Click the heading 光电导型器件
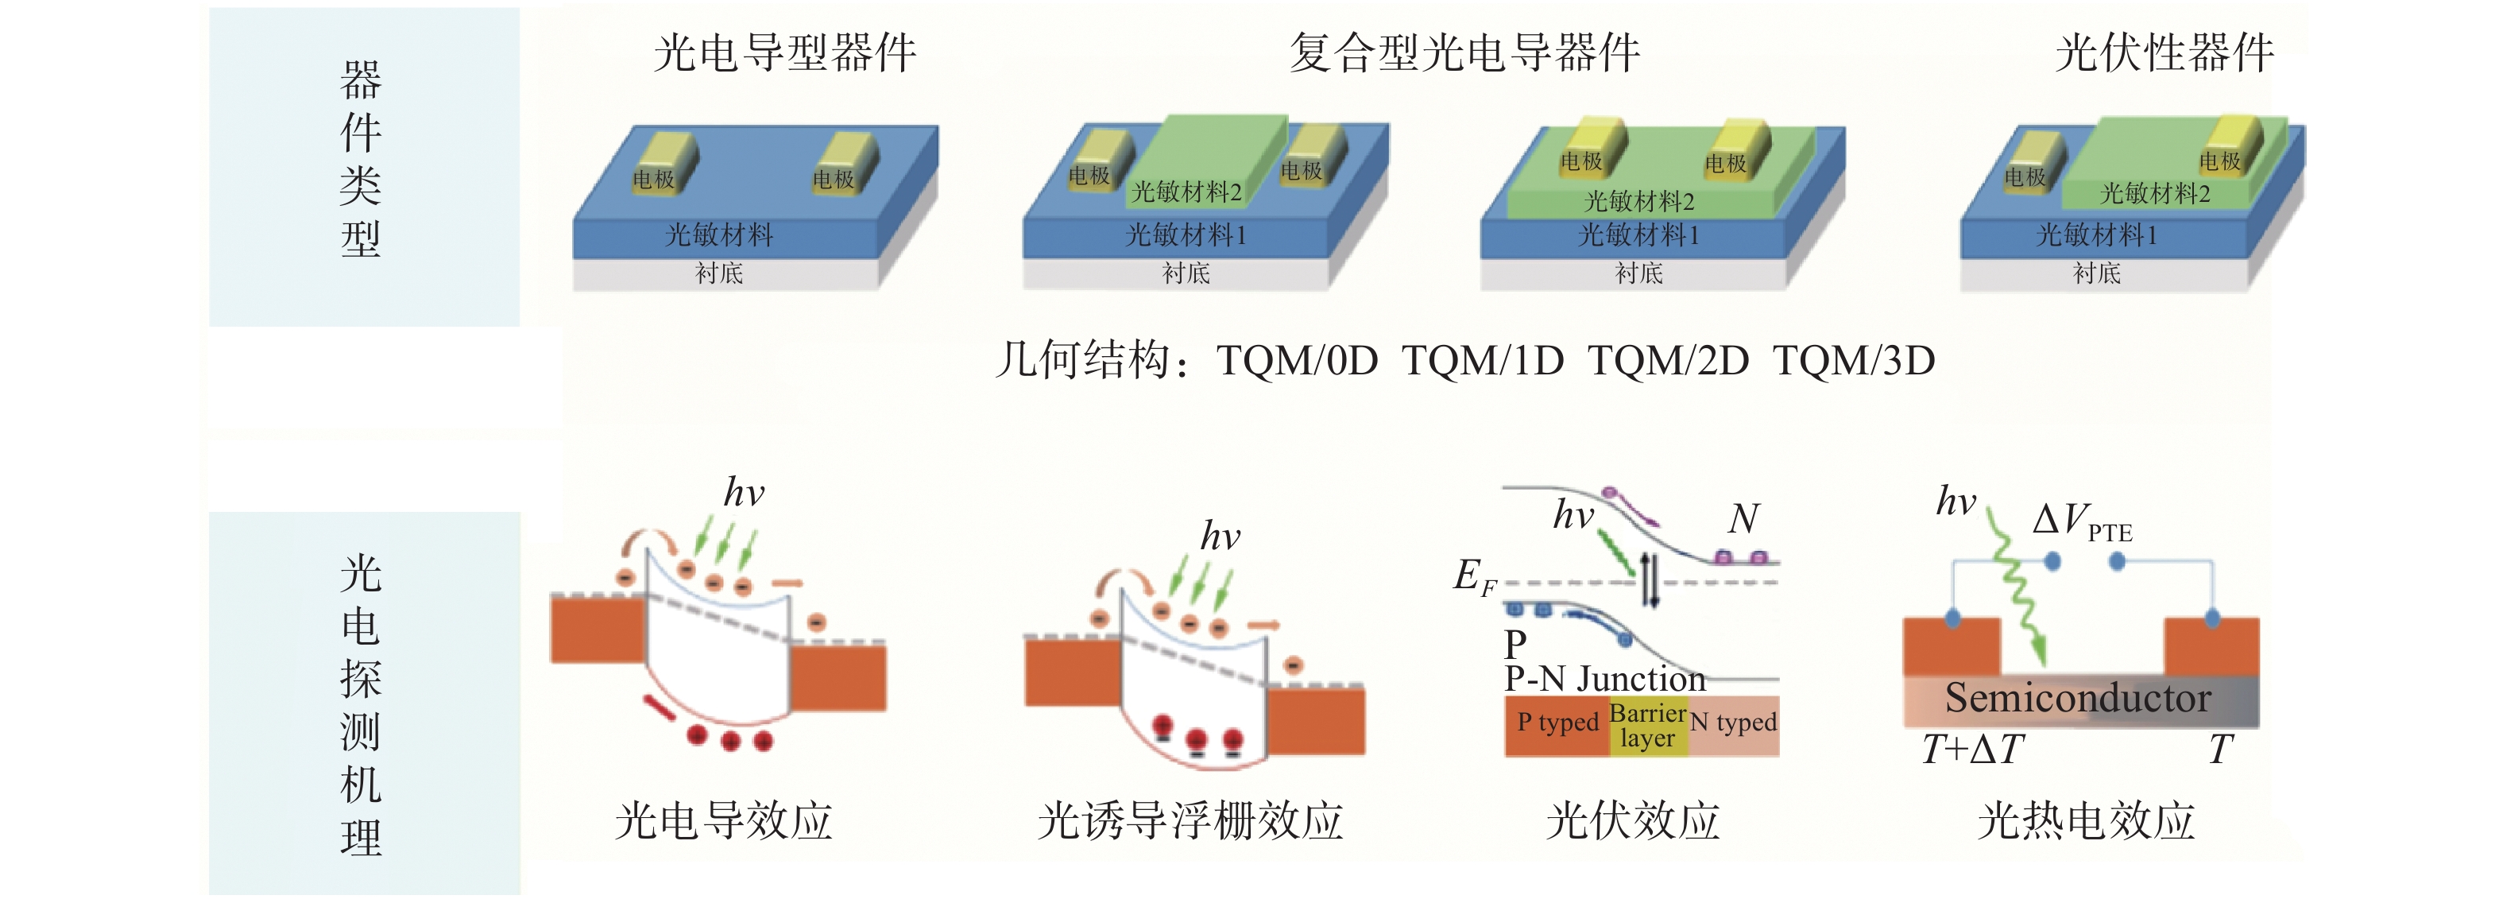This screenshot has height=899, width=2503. click(x=784, y=52)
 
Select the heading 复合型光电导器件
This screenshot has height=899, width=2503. click(x=1464, y=52)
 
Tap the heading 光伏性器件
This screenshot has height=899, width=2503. click(x=2164, y=52)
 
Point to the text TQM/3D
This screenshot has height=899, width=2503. click(x=1854, y=361)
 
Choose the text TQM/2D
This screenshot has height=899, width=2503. click(x=1669, y=361)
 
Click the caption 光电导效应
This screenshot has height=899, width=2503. click(x=724, y=820)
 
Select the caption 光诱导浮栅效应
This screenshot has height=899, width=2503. click(x=1190, y=820)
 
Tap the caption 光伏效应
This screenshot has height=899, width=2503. click(x=1632, y=820)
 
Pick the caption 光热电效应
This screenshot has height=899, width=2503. click(x=2086, y=820)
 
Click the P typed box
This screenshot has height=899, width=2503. click(x=1557, y=723)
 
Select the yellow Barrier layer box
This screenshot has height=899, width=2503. click(x=1648, y=726)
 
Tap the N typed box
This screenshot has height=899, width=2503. click(x=1734, y=723)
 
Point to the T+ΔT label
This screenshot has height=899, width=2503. click(x=1972, y=750)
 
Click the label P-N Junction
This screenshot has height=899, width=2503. click(x=1604, y=677)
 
